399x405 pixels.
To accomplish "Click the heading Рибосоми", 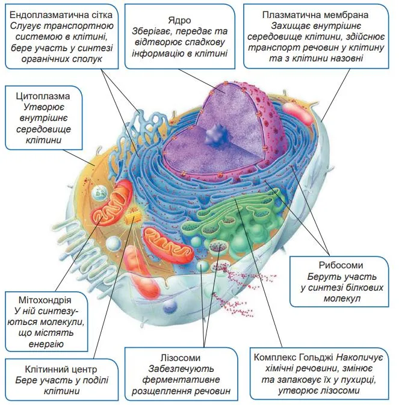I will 341,265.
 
